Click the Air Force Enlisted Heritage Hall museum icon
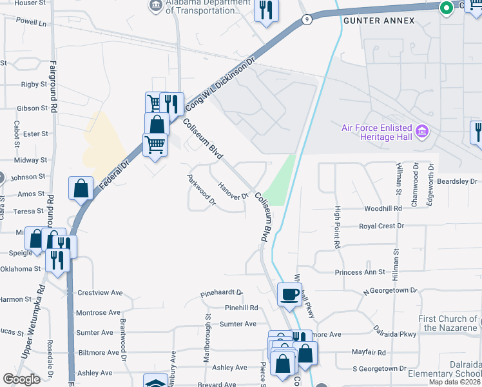tap(423, 132)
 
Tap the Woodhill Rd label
tap(383, 209)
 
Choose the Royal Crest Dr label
tap(381, 226)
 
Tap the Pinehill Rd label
tap(242, 308)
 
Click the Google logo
tap(21, 379)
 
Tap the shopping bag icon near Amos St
tap(81, 189)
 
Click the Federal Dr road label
tap(115, 175)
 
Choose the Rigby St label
tap(34, 84)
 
